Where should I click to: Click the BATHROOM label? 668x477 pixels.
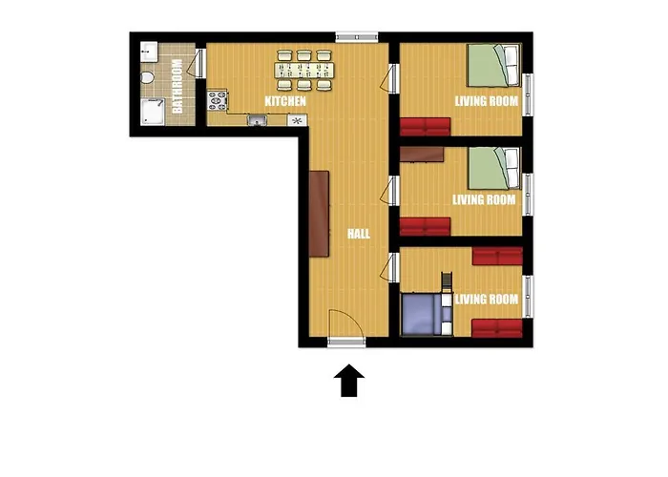177,87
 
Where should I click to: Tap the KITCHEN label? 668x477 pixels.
285,101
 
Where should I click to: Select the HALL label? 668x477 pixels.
358,234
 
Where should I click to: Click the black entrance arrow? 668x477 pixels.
349,381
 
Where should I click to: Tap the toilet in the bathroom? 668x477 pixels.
147,77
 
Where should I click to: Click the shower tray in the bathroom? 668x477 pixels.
153,112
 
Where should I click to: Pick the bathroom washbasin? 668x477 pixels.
149,52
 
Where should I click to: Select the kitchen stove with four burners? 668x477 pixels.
218,100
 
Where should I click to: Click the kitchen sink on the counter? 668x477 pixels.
257,120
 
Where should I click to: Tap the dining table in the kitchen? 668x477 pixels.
304,71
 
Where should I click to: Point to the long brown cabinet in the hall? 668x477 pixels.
319,214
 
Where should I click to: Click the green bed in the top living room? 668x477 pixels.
494,66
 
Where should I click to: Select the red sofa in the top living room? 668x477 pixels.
426,127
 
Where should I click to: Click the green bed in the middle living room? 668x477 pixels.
494,168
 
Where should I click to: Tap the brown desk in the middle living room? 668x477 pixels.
422,155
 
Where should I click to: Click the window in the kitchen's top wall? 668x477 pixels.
357,37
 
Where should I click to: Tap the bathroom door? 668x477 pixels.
198,64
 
